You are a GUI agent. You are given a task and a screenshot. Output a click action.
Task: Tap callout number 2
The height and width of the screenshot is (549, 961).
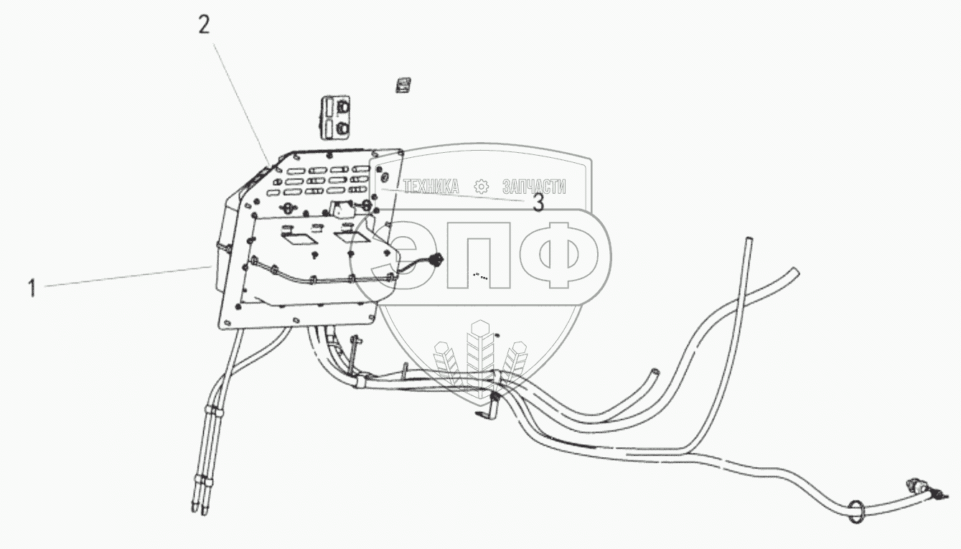[205, 27]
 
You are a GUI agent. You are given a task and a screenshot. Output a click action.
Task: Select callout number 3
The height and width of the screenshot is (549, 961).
[537, 204]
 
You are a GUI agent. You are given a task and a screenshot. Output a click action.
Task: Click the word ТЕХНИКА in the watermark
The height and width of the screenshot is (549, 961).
[431, 187]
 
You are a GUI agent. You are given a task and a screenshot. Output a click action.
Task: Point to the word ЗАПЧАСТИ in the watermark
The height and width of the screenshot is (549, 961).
[534, 187]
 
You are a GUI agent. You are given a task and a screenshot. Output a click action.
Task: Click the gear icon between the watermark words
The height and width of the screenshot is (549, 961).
[482, 187]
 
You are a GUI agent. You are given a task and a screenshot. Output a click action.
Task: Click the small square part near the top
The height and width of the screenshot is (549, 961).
[402, 85]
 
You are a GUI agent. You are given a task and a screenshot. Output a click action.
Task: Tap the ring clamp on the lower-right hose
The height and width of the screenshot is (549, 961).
[855, 512]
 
